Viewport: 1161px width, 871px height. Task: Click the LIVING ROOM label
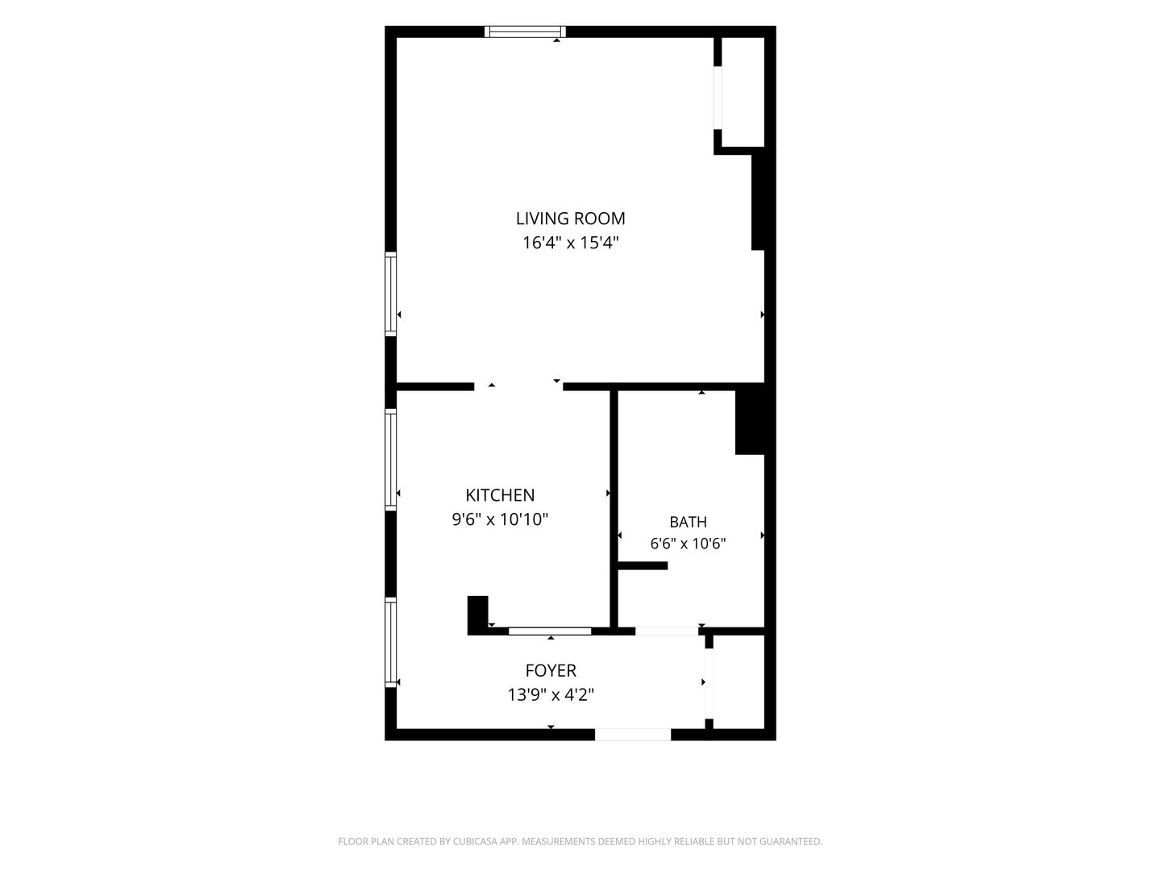tap(570, 219)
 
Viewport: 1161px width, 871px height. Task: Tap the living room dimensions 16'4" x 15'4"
tap(571, 243)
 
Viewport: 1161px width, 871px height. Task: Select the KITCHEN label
tap(500, 495)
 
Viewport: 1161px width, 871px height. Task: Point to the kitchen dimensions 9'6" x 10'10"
tap(500, 519)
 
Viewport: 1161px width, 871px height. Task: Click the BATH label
tap(688, 522)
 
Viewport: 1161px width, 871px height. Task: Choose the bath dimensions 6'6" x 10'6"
tap(688, 544)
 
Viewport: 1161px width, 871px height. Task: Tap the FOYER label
tap(551, 670)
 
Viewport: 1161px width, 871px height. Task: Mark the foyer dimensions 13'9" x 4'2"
tap(551, 694)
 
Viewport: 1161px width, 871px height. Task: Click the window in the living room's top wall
tap(525, 31)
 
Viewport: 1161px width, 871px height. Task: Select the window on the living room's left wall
tap(390, 294)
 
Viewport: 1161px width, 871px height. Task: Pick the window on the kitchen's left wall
tap(390, 460)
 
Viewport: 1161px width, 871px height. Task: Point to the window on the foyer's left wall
tap(390, 643)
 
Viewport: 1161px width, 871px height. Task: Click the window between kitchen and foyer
tap(550, 631)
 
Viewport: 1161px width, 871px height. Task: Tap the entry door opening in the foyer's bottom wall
tap(633, 735)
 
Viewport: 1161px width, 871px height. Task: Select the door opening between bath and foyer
tap(667, 631)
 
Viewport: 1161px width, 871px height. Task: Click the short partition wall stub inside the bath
tap(643, 566)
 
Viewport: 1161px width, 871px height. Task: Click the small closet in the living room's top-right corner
tap(743, 92)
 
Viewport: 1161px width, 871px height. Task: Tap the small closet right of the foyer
tap(739, 681)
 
